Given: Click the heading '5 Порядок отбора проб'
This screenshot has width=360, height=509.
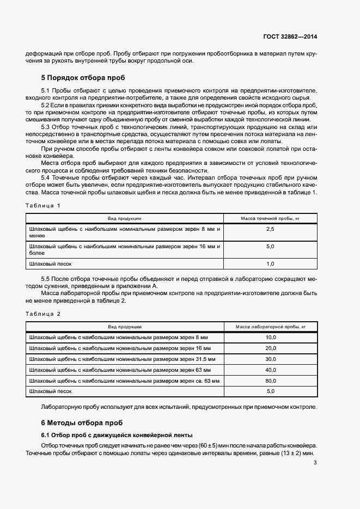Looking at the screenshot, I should click(83, 78).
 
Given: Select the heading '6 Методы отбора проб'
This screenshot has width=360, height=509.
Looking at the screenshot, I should click(82, 422).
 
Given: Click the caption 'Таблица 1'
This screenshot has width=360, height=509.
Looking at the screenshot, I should click(43, 205).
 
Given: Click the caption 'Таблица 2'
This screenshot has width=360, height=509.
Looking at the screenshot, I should click(43, 314).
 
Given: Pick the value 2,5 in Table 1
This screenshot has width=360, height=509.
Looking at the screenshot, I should click(270, 230).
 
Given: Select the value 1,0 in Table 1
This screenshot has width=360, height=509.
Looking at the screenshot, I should click(270, 263).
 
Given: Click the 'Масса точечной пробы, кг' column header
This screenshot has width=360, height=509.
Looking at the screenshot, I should click(270, 218).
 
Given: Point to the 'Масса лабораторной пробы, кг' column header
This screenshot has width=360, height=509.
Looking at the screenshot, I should click(271, 327).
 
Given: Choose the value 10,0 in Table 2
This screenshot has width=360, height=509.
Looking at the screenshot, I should click(271, 338).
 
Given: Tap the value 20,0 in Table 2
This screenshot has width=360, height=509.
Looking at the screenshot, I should click(271, 348).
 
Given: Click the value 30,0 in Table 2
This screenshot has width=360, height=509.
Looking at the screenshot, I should click(271, 359).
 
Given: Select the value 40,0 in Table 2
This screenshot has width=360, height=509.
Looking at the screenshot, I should click(271, 370).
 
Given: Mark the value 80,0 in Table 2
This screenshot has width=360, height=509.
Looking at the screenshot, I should click(271, 380).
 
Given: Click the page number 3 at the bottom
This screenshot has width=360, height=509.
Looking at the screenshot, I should click(315, 463).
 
